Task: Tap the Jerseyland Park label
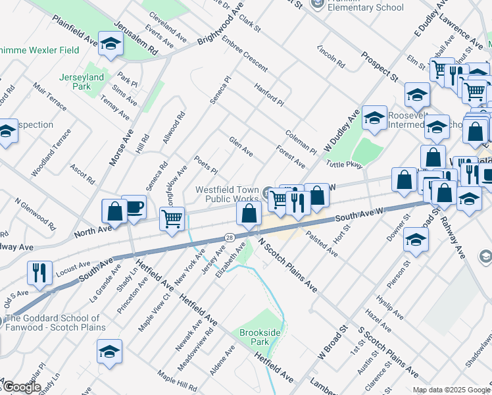(82, 82)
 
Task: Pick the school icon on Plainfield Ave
(111, 44)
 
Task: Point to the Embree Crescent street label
(245, 57)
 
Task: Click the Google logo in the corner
(21, 387)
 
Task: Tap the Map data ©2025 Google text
(451, 390)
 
